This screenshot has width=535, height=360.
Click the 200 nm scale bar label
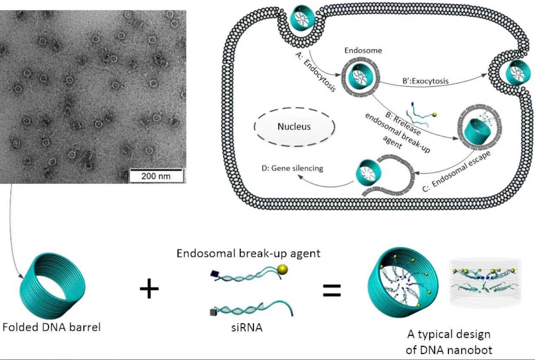(156, 176)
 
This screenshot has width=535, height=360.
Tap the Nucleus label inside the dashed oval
(294, 126)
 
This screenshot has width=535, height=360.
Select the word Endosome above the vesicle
(363, 51)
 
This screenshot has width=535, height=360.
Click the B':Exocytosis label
(425, 81)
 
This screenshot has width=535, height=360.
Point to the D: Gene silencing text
(292, 168)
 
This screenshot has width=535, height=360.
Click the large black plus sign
(149, 289)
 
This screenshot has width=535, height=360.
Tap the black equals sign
(332, 290)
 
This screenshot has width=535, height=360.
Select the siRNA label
(247, 328)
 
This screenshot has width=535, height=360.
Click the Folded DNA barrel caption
(51, 327)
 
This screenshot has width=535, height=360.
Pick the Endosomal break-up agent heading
(249, 253)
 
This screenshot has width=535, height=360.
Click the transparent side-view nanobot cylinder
(485, 283)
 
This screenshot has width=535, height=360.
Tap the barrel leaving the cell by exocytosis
(520, 72)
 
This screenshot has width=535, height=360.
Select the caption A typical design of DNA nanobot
(449, 342)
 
